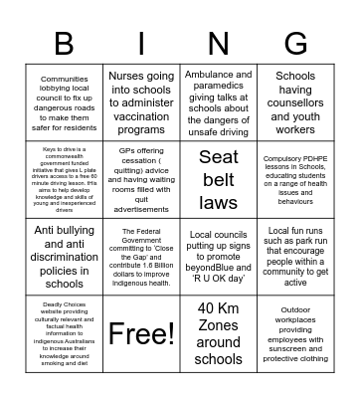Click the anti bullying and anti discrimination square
65,256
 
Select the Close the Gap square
141,256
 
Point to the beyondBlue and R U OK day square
219,256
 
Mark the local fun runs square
296,256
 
